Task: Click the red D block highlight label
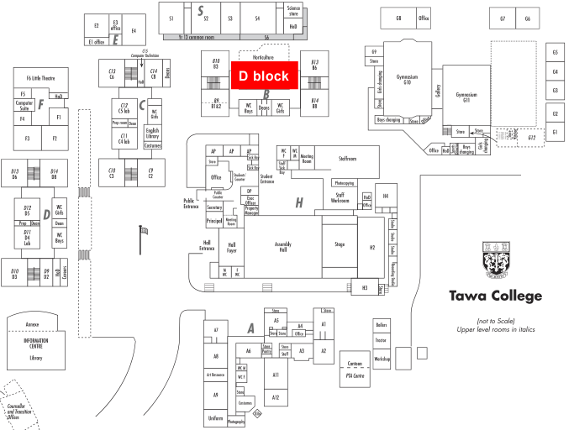[x=264, y=76]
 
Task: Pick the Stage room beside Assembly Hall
[x=340, y=245]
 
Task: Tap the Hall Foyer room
[x=231, y=249]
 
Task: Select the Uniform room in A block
[x=215, y=416]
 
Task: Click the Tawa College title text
[x=495, y=296]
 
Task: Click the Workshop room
[x=382, y=358]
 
